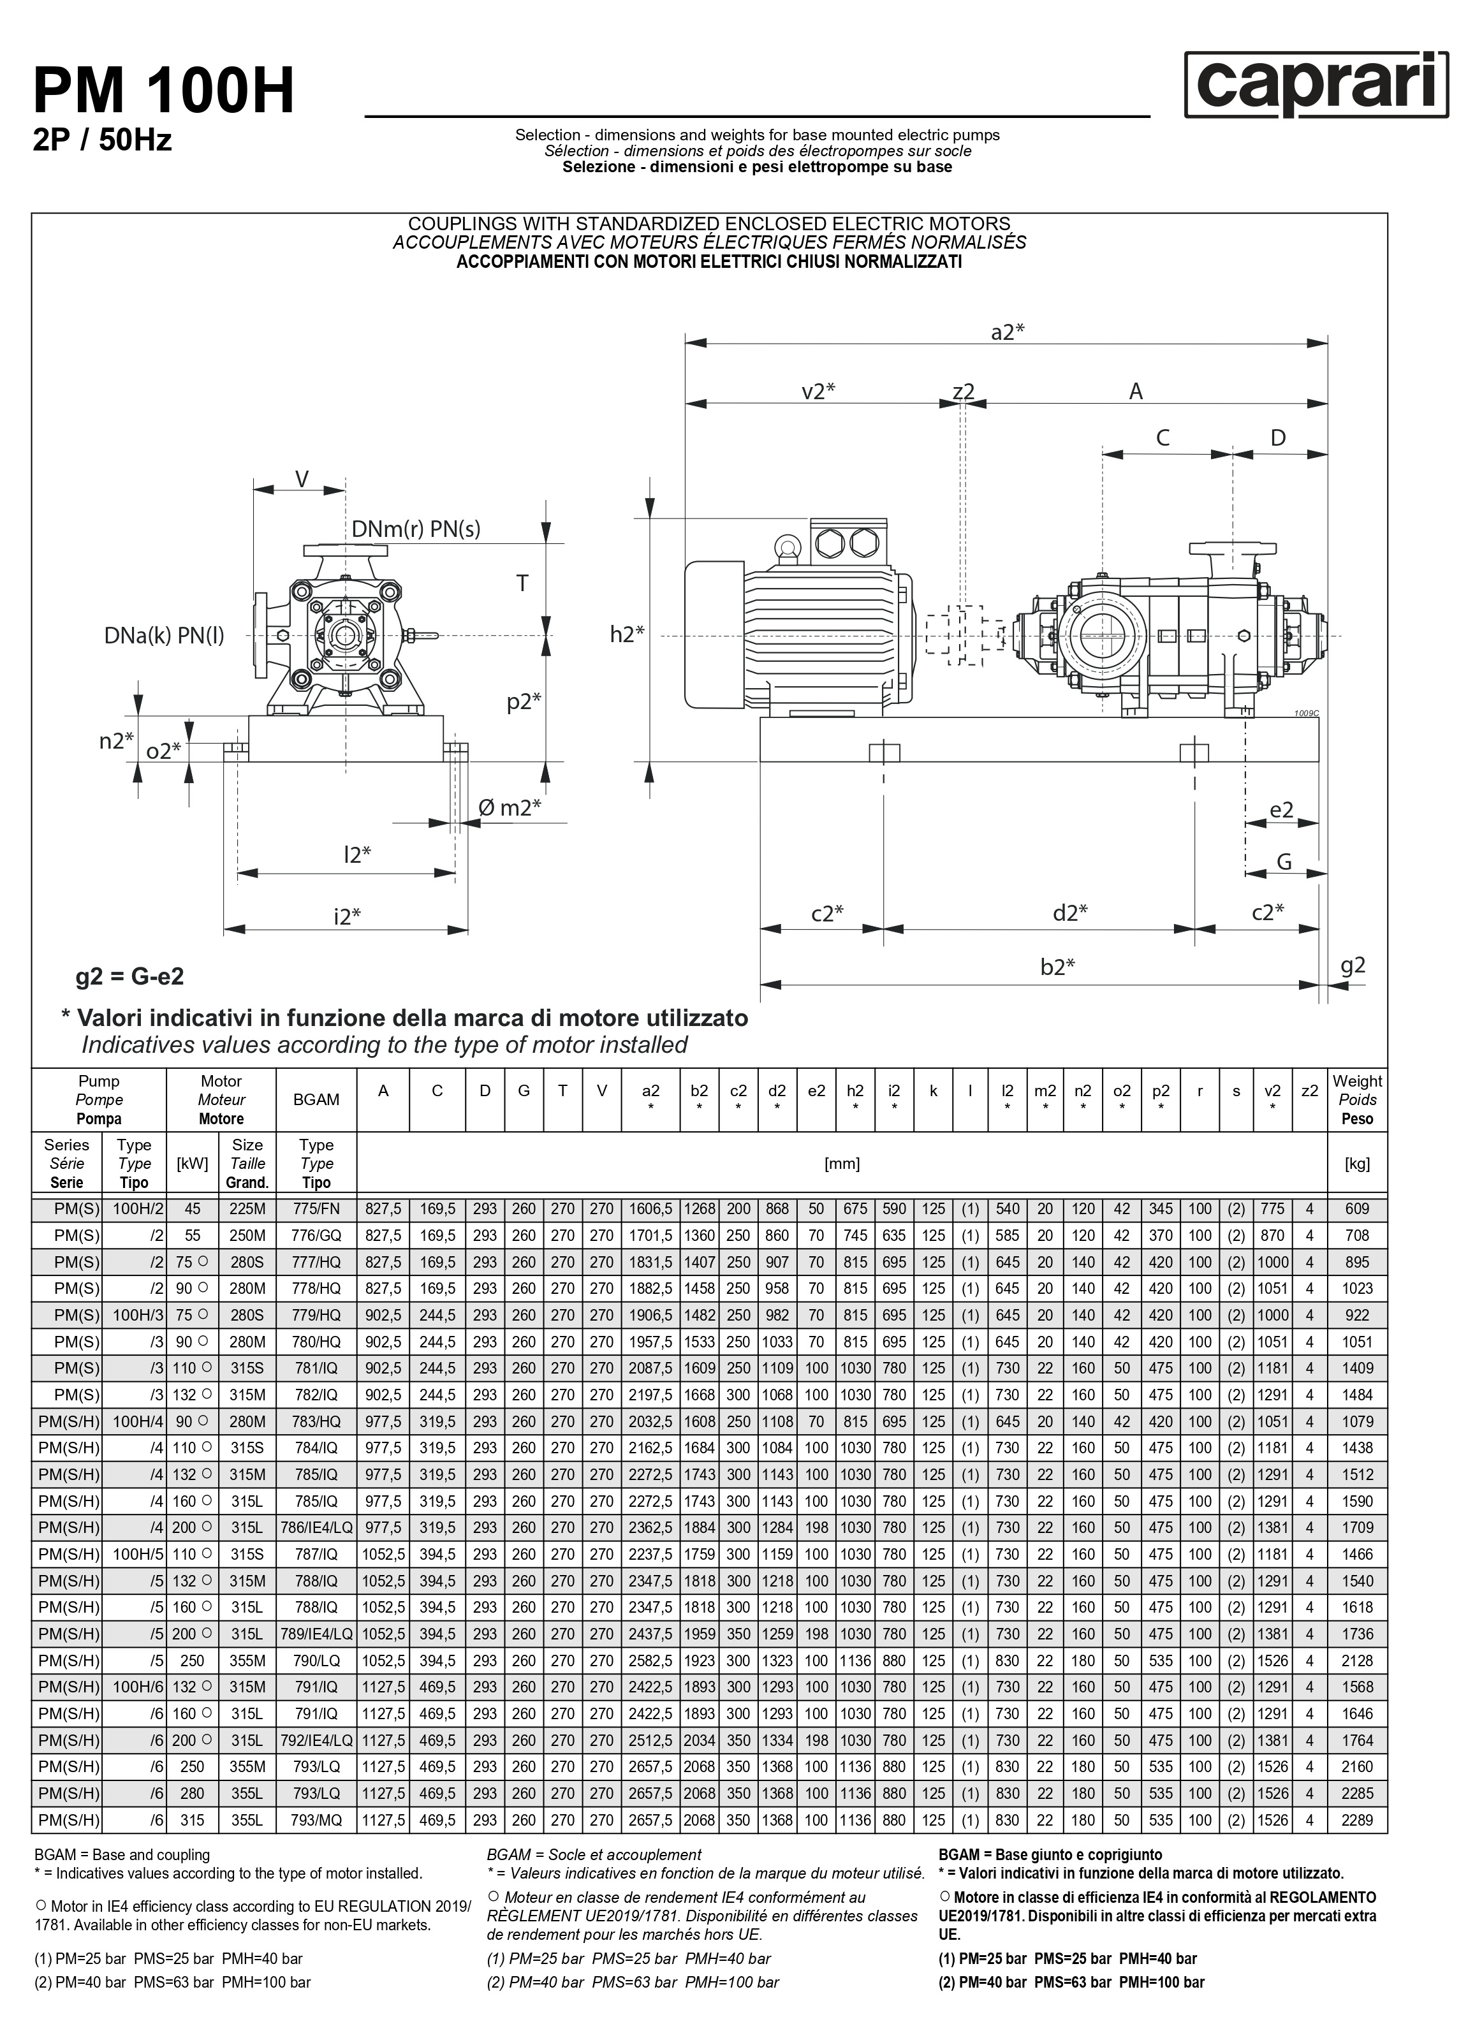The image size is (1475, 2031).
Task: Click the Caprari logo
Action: pos(1316,85)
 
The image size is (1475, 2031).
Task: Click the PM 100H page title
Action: pos(164,92)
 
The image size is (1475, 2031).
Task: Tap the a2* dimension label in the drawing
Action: pos(1008,332)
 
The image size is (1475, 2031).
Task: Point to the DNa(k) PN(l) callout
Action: pos(165,636)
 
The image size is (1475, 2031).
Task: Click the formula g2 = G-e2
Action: pos(130,976)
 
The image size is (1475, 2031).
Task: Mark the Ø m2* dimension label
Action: pos(510,808)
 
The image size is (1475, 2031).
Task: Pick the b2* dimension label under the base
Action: pos(1058,967)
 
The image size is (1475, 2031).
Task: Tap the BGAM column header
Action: pos(316,1100)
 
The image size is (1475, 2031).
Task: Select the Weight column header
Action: pos(1357,1100)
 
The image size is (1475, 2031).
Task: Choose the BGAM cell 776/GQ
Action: pos(316,1236)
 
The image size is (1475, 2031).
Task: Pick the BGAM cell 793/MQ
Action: pos(316,1821)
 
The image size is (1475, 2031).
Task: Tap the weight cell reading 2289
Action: pos(1357,1821)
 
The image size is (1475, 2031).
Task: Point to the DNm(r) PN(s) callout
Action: pos(416,529)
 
